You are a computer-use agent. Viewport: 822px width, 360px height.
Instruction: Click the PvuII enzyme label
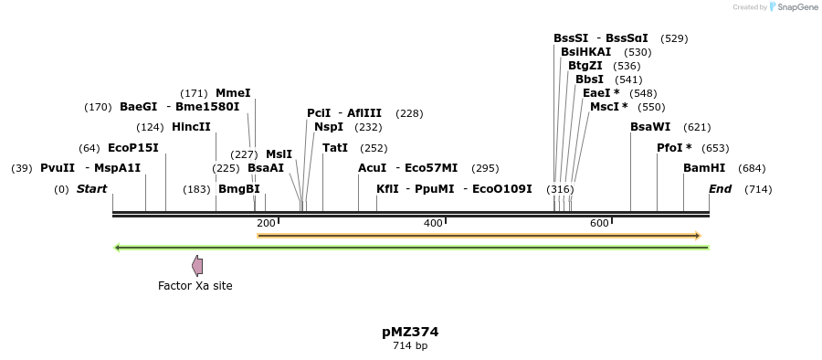[x=58, y=168]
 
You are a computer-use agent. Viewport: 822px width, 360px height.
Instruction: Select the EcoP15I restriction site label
[x=133, y=148]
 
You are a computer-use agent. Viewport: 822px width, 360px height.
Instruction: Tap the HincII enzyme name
[x=191, y=127]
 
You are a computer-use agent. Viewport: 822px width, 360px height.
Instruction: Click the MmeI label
[x=233, y=93]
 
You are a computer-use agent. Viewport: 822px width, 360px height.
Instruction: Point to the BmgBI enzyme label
[x=238, y=189]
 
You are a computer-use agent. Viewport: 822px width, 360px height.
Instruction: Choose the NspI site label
[x=329, y=127]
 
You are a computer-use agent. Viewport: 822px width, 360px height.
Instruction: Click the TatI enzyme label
[x=335, y=148]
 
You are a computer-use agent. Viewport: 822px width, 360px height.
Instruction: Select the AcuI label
[x=372, y=168]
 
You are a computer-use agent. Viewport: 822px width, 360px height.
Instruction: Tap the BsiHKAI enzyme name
[x=585, y=52]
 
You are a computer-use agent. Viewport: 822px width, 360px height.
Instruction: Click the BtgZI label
[x=585, y=66]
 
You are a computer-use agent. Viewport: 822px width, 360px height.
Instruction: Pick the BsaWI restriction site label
[x=650, y=127]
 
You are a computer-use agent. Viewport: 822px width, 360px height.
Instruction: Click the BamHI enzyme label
[x=704, y=168]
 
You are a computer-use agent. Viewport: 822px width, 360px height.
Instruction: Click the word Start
[x=91, y=189]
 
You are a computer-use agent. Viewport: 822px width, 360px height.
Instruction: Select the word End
[x=721, y=189]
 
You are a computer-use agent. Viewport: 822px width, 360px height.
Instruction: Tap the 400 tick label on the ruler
[x=433, y=224]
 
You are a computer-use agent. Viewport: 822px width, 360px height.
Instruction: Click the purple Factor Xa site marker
[x=197, y=266]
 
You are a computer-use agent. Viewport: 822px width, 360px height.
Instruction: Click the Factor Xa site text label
[x=195, y=286]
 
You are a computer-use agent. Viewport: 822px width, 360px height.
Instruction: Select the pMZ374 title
[x=410, y=332]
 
